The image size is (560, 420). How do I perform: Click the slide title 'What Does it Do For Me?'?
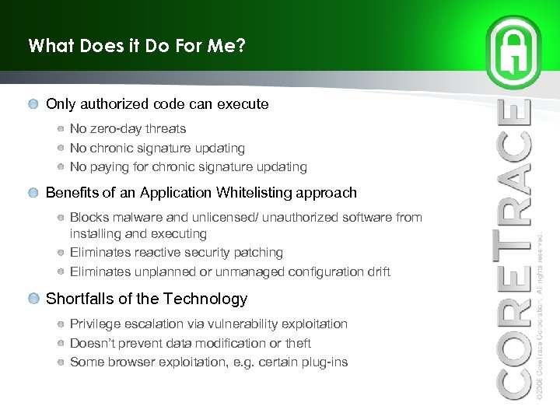tap(137, 46)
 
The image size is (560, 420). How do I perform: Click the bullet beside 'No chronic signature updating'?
tap(61, 148)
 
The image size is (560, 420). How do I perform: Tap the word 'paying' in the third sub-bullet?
tap(107, 166)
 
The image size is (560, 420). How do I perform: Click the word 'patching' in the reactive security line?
tap(259, 252)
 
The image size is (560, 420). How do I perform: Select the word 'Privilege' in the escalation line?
tap(94, 324)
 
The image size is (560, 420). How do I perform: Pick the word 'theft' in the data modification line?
tap(296, 343)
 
